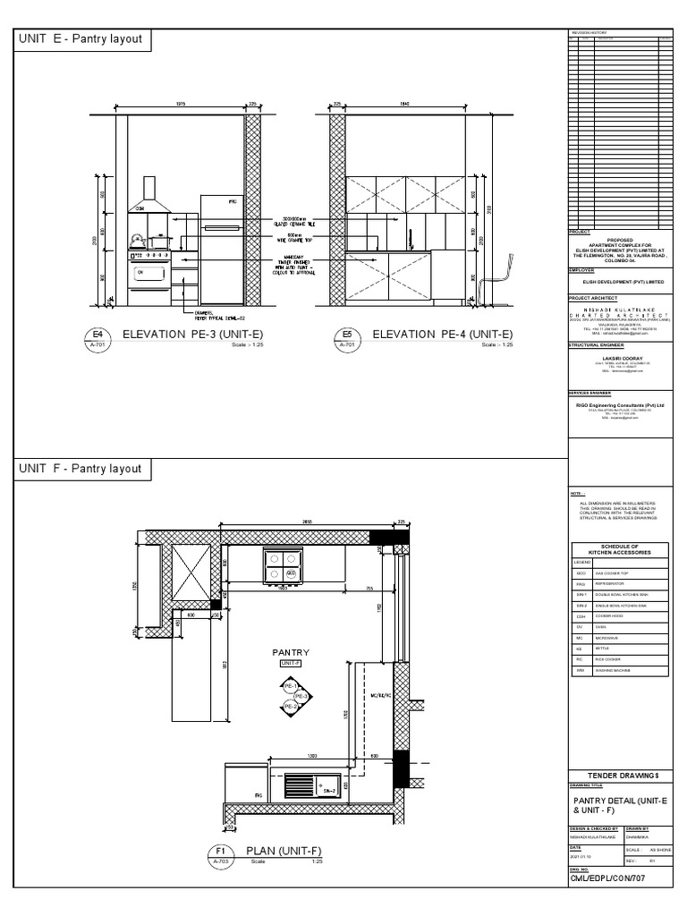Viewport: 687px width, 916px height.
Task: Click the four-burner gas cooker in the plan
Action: click(281, 565)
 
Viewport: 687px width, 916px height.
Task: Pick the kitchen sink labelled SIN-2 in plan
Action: click(311, 785)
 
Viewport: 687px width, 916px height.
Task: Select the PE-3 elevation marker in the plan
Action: click(301, 696)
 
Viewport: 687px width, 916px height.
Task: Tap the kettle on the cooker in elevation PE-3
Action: click(136, 240)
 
